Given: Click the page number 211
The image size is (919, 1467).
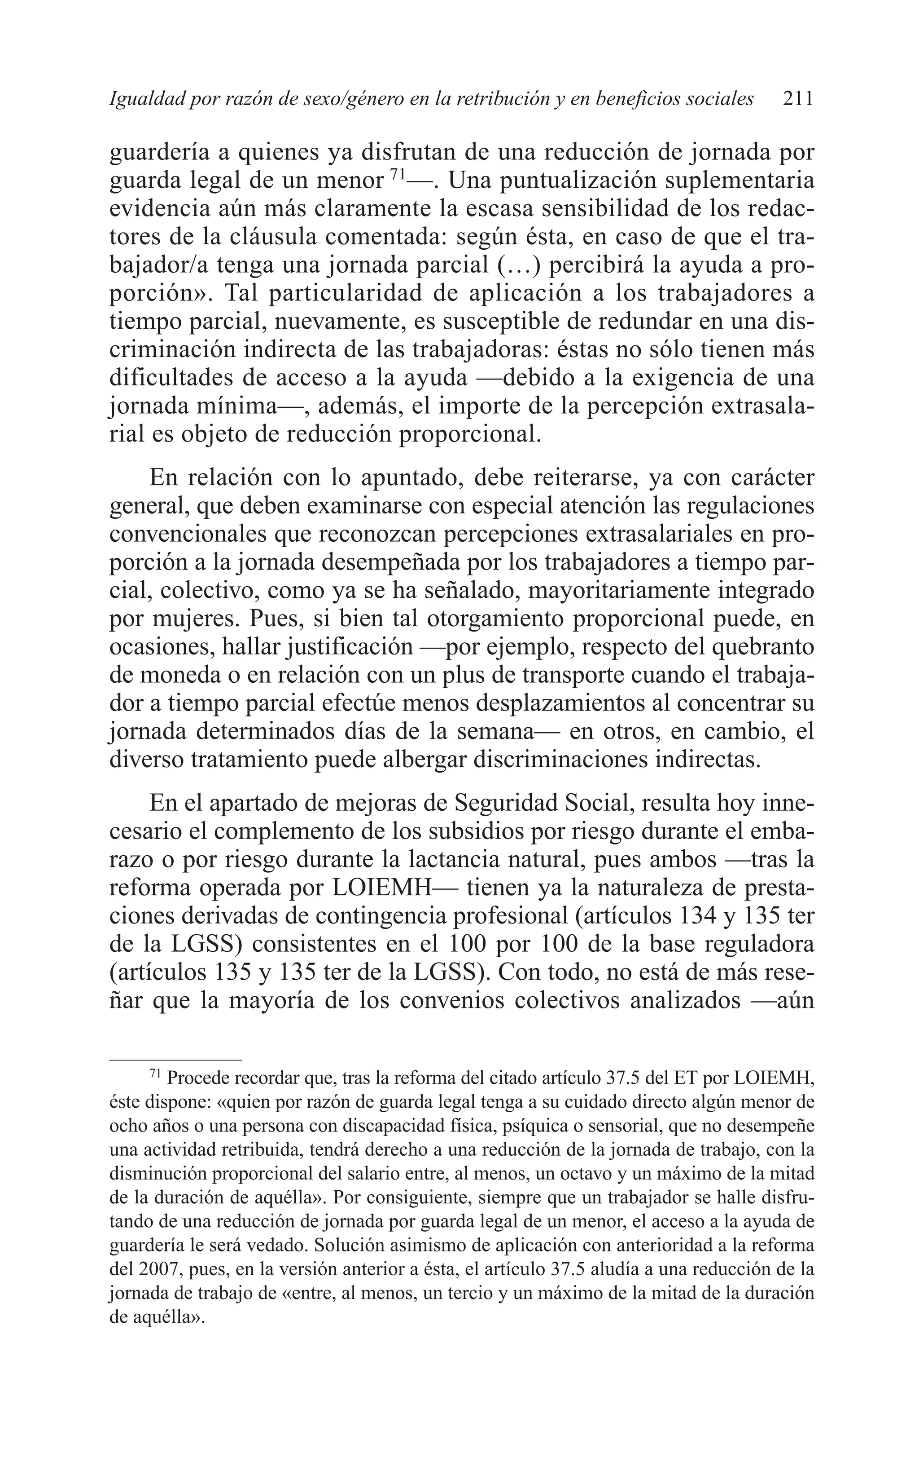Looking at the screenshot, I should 797,99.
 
